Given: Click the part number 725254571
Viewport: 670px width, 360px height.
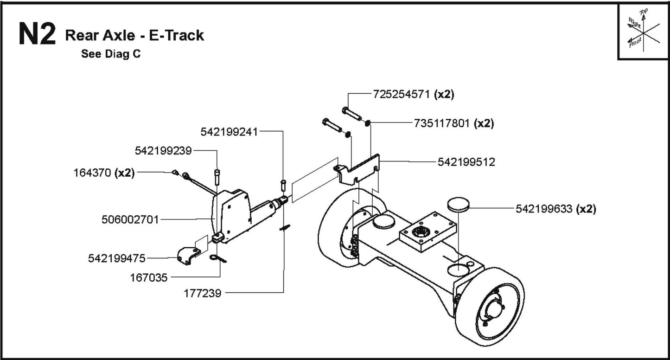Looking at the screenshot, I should tap(402, 94).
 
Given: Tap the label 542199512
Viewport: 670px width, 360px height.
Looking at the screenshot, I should tap(466, 162).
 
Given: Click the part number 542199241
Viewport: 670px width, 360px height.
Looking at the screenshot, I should tap(229, 132).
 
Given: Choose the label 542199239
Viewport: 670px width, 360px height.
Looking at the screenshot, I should tap(164, 151).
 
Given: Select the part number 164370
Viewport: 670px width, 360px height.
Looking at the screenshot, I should tap(93, 173).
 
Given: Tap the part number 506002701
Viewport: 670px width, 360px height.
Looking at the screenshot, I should tap(130, 219).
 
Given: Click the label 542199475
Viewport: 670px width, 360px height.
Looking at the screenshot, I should tap(117, 258).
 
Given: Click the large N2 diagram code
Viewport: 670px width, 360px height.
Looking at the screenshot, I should tap(37, 35).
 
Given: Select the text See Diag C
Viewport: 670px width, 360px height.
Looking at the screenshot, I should tap(111, 54).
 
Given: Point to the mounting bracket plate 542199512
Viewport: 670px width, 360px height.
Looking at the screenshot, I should tap(357, 171).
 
